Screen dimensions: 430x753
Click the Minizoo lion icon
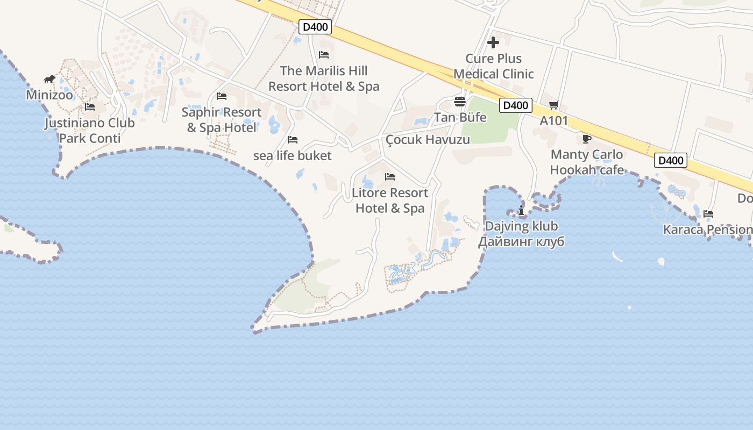[49, 80]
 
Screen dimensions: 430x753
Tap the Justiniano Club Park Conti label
[90, 131]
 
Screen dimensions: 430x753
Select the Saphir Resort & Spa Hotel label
[222, 120]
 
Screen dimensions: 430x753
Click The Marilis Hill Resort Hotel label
[324, 78]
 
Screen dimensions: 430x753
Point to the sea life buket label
[293, 156]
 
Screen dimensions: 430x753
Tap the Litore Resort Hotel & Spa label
[390, 200]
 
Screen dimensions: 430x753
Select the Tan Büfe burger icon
[459, 101]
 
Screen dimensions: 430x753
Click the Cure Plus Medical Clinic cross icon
[493, 42]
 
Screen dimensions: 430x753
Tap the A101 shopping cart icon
[554, 105]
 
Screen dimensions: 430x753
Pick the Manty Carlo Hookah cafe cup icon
[587, 139]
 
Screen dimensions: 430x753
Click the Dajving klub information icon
[521, 210]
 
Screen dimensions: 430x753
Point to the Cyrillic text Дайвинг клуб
[521, 242]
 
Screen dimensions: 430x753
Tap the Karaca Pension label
[707, 230]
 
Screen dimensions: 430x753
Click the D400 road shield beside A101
[516, 105]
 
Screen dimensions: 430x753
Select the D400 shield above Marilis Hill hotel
[315, 27]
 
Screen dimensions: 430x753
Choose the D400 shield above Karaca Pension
[671, 160]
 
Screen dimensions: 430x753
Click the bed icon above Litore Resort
[390, 177]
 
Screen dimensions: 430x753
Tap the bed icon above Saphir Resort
[222, 96]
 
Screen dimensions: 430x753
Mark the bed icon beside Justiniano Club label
[90, 107]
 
